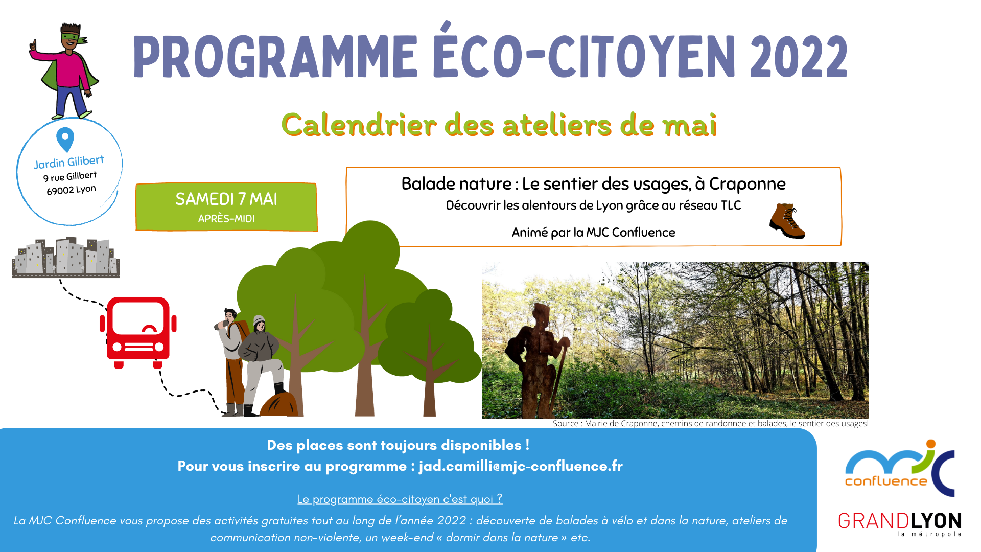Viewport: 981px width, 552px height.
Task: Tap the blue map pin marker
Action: pyautogui.click(x=65, y=139)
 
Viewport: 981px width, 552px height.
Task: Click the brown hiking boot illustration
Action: pyautogui.click(x=787, y=221)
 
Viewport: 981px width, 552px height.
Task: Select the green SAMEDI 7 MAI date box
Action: pyautogui.click(x=226, y=207)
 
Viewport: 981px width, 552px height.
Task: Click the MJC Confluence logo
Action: pyautogui.click(x=900, y=468)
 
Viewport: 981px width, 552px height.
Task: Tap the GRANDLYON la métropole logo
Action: pyautogui.click(x=900, y=524)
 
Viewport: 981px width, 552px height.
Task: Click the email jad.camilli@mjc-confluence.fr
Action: pyautogui.click(x=521, y=466)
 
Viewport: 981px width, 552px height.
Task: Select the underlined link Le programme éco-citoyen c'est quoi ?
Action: pyautogui.click(x=400, y=499)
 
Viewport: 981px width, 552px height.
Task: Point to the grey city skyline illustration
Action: pyautogui.click(x=66, y=257)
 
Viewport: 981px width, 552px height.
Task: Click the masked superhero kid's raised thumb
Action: pyautogui.click(x=34, y=45)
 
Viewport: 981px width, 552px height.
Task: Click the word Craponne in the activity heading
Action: pyautogui.click(x=747, y=183)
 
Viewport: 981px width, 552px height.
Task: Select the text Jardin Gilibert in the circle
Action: pyautogui.click(x=69, y=162)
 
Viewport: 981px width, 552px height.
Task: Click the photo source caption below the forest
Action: pyautogui.click(x=710, y=423)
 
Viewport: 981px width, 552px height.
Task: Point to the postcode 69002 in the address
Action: pyautogui.click(x=60, y=191)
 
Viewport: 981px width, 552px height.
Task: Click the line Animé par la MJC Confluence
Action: pyautogui.click(x=593, y=233)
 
